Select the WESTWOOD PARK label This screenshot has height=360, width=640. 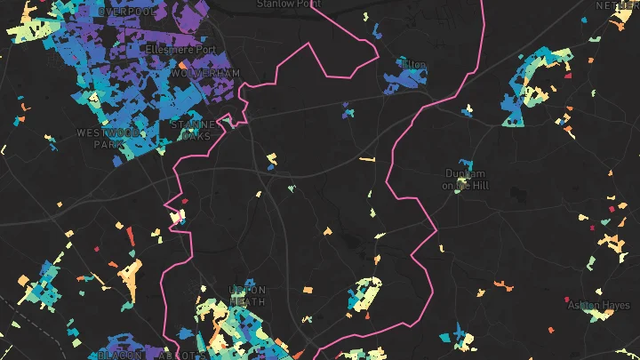(109, 138)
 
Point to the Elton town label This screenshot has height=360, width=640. (415, 65)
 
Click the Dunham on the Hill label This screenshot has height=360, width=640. (464, 179)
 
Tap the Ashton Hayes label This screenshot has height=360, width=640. (603, 305)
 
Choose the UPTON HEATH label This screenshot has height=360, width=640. (247, 296)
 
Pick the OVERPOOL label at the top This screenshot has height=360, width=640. (126, 11)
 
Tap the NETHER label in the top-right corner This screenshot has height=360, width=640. (617, 5)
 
